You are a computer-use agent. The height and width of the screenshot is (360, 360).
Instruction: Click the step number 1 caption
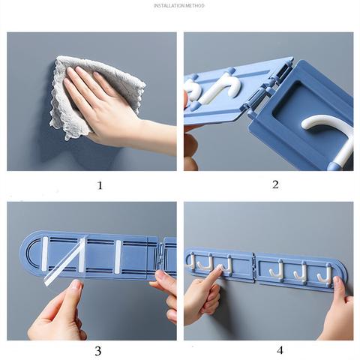100,185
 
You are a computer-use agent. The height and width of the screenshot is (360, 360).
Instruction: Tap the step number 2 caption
275,185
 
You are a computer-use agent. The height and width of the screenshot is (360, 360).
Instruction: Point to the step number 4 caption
280,349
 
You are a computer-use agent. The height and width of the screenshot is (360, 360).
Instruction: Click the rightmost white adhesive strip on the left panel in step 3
118,253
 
